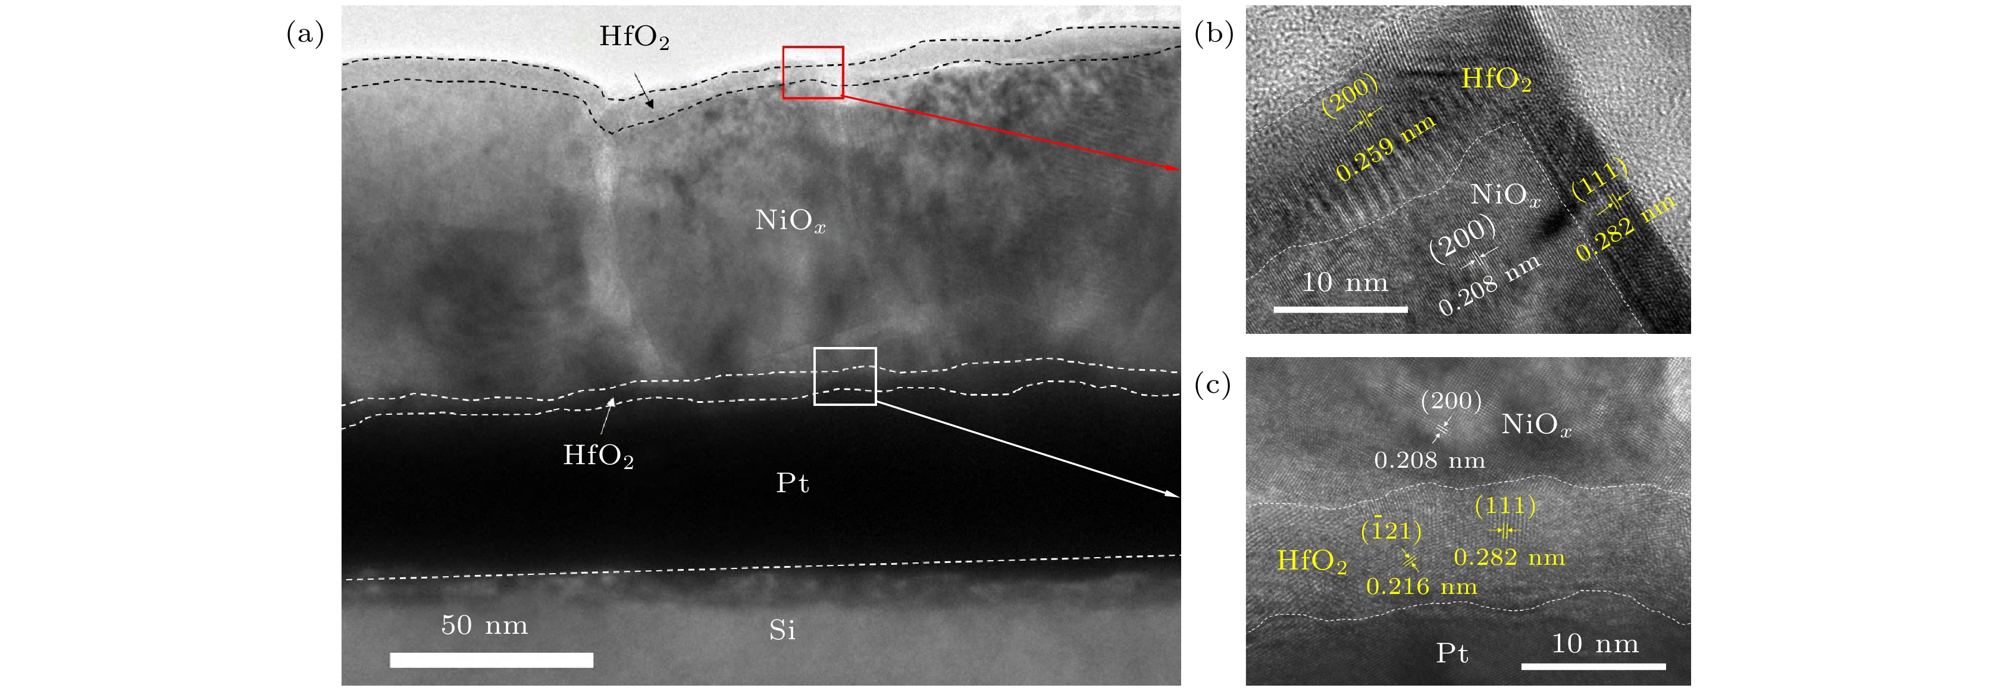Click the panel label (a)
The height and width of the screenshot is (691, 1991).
(x=305, y=35)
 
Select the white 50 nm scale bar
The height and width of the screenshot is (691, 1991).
(x=492, y=660)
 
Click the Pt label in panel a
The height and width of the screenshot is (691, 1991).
(x=792, y=483)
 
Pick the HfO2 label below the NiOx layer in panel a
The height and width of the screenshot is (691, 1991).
(x=598, y=456)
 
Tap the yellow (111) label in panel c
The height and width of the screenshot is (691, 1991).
(x=1505, y=506)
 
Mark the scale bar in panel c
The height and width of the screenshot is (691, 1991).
(x=1594, y=666)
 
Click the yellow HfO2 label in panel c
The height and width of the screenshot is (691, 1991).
(x=1311, y=561)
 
